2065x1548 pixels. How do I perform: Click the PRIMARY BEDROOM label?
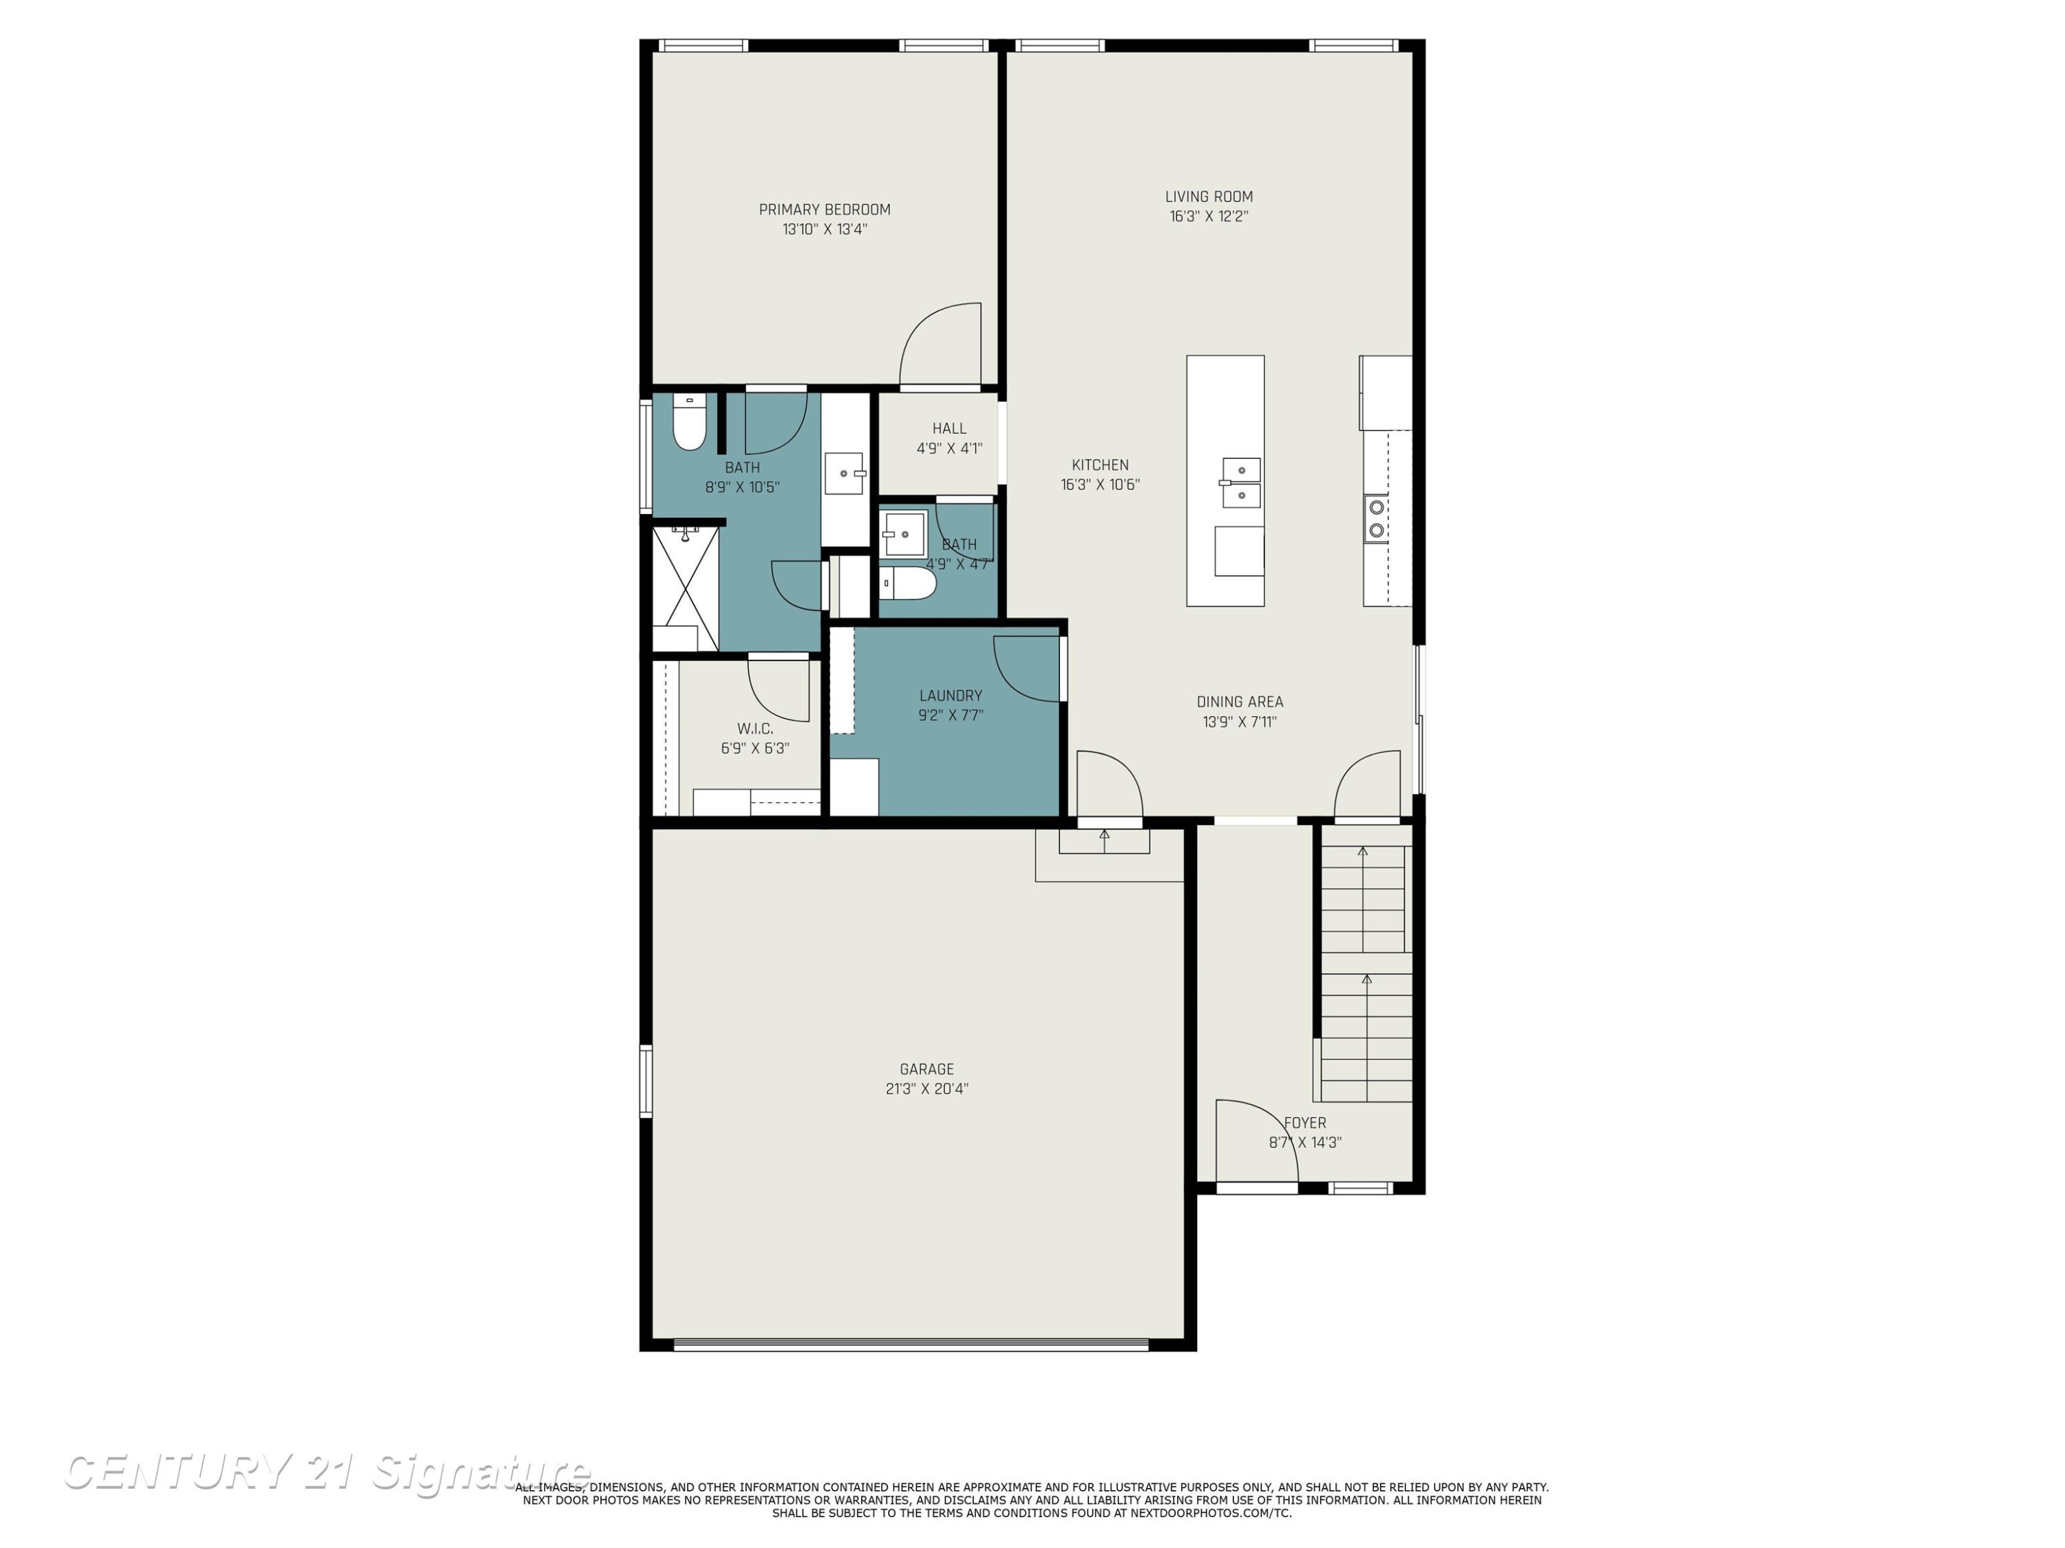(x=825, y=210)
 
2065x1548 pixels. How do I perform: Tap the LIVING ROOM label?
(x=1209, y=197)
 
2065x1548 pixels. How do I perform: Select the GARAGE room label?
(x=927, y=1069)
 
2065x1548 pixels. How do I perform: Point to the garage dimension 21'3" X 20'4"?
(x=927, y=1089)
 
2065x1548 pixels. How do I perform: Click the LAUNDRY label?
(x=951, y=695)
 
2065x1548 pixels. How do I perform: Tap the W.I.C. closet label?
(x=754, y=729)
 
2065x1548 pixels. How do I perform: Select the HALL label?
(x=949, y=429)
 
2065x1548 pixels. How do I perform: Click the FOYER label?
(x=1305, y=1124)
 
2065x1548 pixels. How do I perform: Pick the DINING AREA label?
(x=1240, y=702)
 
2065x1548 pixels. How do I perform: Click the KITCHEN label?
(x=1100, y=464)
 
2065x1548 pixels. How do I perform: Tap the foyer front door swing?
(x=1256, y=1141)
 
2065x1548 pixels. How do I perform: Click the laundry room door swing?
(x=1028, y=668)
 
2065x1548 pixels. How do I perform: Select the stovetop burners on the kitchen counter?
(x=1376, y=519)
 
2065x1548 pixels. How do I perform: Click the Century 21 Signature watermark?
(x=327, y=1472)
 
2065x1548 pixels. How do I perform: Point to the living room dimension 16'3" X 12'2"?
(x=1209, y=217)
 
